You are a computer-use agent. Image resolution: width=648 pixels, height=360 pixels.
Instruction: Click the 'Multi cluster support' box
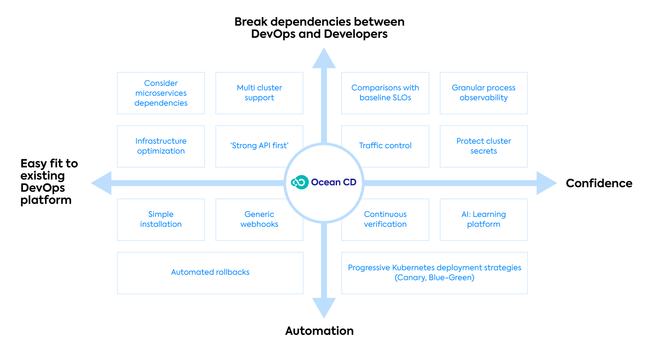click(x=259, y=93)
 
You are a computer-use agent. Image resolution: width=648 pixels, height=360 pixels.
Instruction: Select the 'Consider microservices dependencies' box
click(x=161, y=93)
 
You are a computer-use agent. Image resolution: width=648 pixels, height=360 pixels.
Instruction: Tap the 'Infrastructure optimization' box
click(x=161, y=146)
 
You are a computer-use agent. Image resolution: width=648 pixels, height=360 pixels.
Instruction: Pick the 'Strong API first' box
click(x=259, y=146)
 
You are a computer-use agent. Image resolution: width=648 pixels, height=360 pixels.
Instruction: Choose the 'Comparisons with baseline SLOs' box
click(x=385, y=93)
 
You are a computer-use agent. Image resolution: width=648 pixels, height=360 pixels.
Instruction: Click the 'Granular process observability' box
click(x=483, y=93)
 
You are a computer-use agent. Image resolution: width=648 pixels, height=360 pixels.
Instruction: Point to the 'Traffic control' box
click(x=385, y=146)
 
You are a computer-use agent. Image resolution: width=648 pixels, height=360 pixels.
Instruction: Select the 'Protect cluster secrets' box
click(x=483, y=146)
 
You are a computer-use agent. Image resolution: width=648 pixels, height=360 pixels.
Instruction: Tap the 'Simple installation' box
click(x=161, y=219)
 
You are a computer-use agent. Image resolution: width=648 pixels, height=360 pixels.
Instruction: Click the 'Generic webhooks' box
click(x=259, y=219)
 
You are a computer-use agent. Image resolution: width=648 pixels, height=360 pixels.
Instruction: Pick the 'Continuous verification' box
click(x=385, y=219)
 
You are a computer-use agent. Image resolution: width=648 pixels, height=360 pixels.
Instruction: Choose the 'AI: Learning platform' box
click(x=483, y=219)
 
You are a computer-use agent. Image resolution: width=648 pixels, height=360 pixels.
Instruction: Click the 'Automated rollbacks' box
click(x=210, y=273)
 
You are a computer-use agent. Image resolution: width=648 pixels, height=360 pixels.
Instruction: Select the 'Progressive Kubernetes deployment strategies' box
click(x=434, y=273)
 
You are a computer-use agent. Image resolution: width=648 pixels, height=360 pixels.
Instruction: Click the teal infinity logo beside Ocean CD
click(x=300, y=182)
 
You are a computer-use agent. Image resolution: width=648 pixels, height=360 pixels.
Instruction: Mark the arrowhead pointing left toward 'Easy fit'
click(x=101, y=183)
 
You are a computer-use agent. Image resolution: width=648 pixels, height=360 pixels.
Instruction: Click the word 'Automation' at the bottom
click(x=319, y=331)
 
